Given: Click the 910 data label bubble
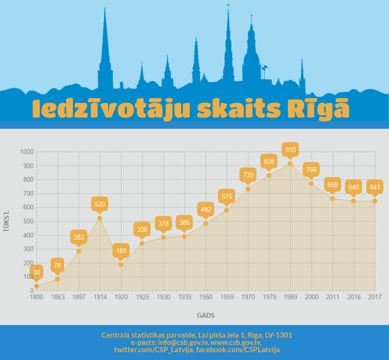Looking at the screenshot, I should click(x=290, y=149).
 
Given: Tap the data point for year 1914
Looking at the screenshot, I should click(x=100, y=218).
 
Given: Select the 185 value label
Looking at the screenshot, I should click(x=121, y=251).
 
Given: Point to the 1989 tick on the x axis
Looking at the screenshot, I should click(x=290, y=296).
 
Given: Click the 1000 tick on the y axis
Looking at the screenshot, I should click(x=27, y=152).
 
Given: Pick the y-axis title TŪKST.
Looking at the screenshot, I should click(x=7, y=221).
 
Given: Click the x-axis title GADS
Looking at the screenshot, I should click(x=206, y=315).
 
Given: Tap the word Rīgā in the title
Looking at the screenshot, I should click(x=324, y=109).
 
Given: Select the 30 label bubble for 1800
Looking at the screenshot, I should click(x=36, y=272).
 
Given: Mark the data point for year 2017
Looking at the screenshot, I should click(x=374, y=201).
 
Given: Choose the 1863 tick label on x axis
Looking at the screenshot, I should click(x=57, y=296).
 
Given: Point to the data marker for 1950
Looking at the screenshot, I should click(x=206, y=223).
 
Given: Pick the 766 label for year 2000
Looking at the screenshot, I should click(x=311, y=170).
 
